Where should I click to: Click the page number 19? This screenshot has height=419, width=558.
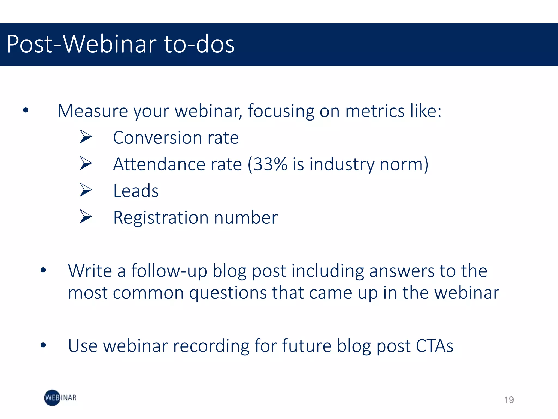pos(509,400)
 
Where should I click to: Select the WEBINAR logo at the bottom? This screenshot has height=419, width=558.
pos(60,398)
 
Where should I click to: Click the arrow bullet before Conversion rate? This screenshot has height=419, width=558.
pos(86,137)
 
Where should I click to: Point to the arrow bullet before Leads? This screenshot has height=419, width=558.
pos(86,190)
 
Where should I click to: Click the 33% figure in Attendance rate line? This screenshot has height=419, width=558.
pos(270,164)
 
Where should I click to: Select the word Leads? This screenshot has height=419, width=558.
pos(136,191)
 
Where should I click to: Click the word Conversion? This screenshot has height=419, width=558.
pos(157,137)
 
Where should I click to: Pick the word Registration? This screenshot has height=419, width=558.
pos(161,218)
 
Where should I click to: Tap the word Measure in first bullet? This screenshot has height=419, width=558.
pos(93,111)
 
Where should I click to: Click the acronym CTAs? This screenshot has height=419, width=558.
pos(434,346)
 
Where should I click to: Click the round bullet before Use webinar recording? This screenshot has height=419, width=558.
pos(43,345)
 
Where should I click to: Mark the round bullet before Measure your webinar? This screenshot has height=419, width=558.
pos(26,110)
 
